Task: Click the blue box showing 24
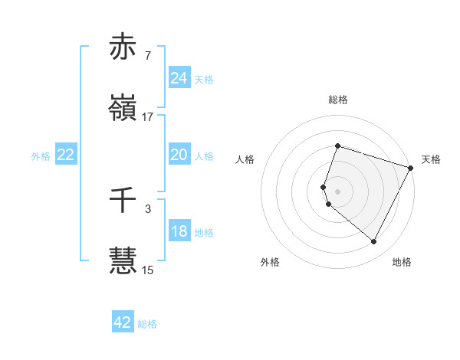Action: [179, 78]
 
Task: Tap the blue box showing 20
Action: [179, 155]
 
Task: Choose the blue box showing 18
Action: [179, 231]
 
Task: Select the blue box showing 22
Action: [66, 155]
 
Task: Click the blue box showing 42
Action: [123, 322]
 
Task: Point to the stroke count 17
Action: [148, 117]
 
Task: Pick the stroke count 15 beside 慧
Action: [148, 270]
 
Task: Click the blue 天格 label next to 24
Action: [204, 79]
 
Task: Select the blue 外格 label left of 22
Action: [41, 155]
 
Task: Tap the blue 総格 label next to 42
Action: [147, 323]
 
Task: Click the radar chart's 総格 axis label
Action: [337, 100]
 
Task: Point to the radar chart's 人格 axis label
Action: [245, 159]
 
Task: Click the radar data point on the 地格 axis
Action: [373, 242]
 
